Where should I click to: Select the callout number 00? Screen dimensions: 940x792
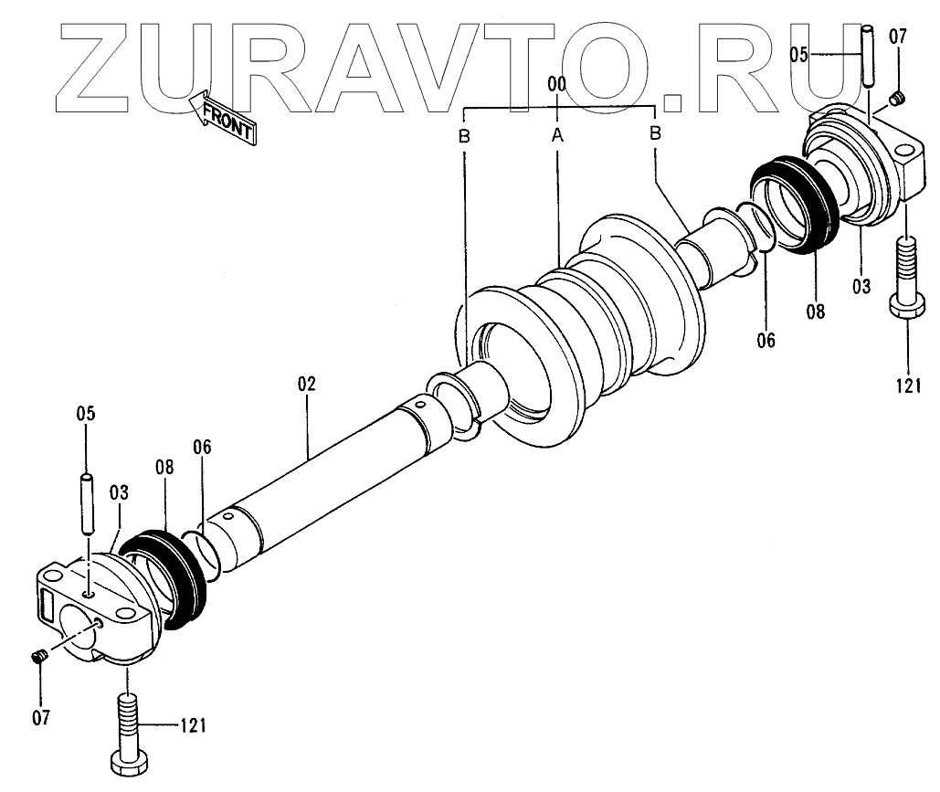click(557, 84)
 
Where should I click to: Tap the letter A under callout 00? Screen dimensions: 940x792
click(557, 135)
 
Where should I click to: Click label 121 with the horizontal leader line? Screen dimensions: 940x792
click(192, 727)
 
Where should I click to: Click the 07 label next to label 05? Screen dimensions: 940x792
click(898, 37)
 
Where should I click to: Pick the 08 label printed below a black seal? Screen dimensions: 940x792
click(815, 311)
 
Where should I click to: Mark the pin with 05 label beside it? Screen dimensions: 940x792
click(867, 56)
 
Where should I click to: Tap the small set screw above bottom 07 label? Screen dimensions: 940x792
click(39, 657)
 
